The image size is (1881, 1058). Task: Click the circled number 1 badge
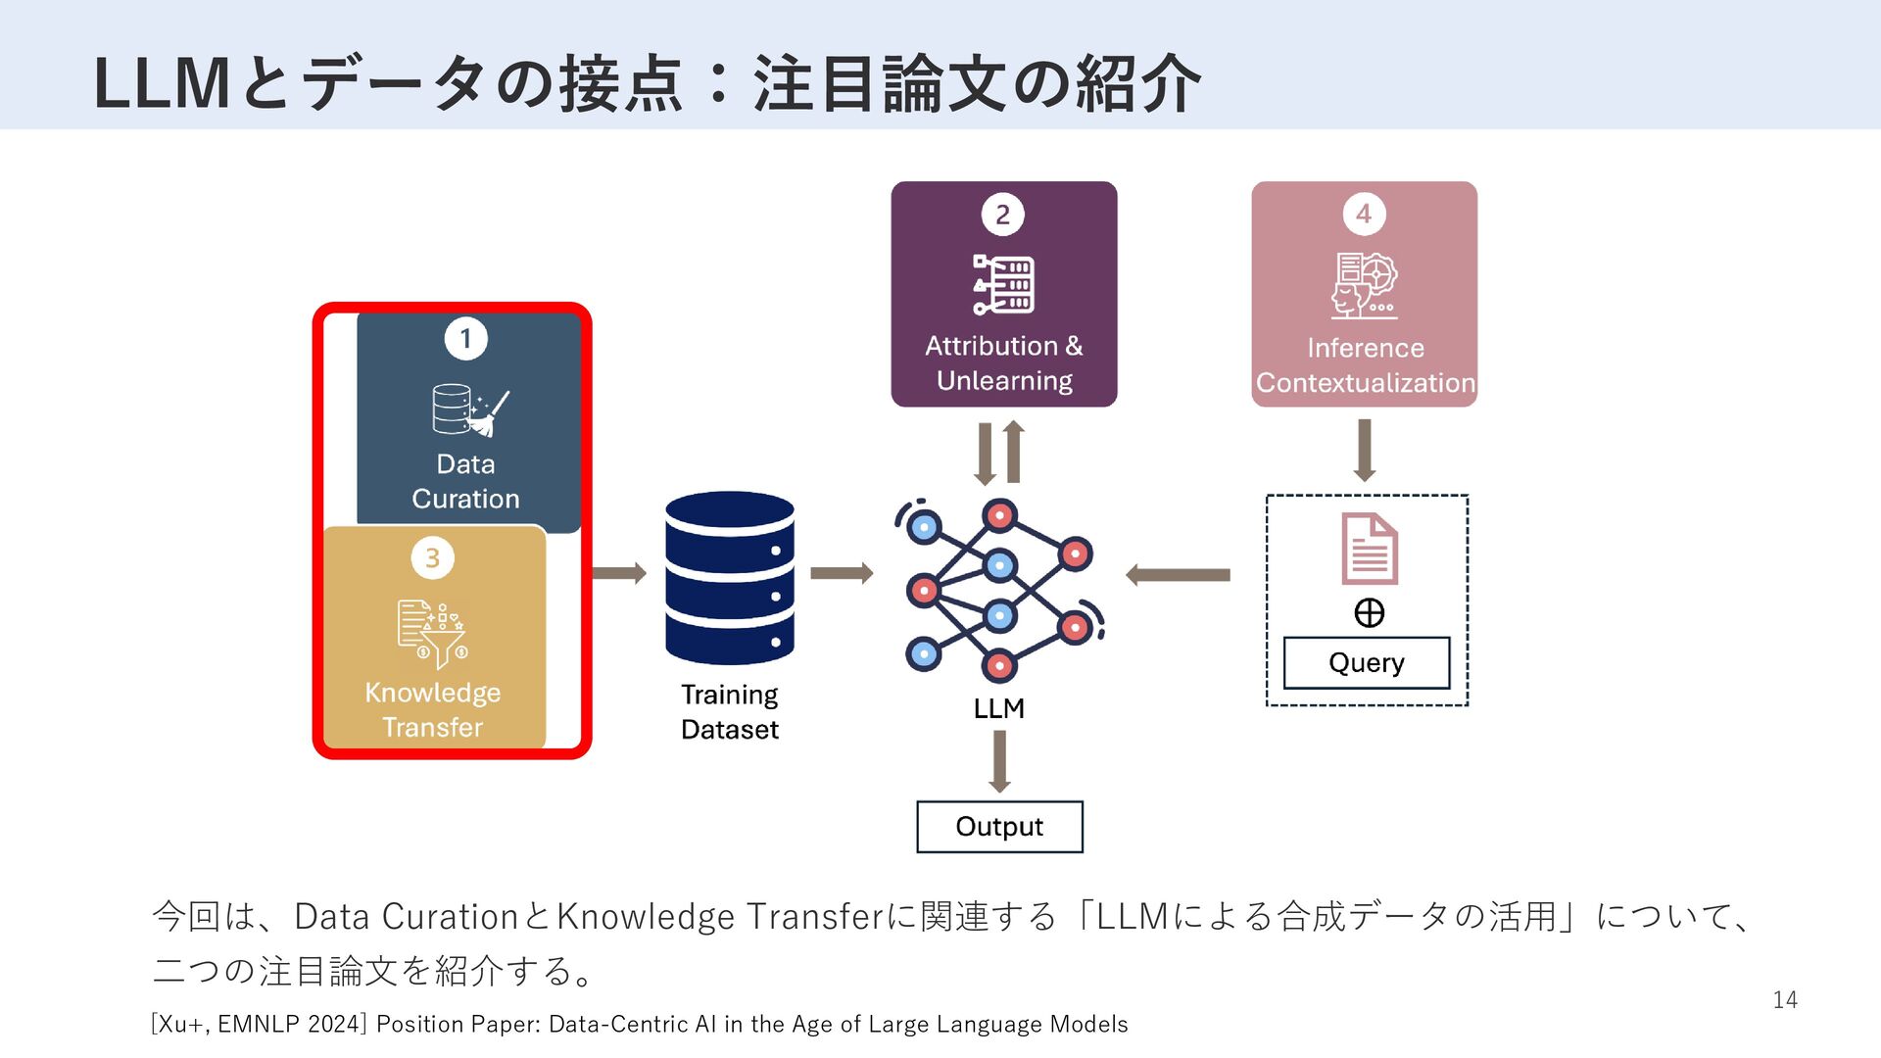tap(465, 339)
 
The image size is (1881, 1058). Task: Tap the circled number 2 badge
tap(1002, 215)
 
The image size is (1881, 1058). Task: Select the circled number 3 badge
tap(432, 558)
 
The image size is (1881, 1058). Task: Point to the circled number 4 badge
tap(1364, 215)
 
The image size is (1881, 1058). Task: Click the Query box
tap(1366, 663)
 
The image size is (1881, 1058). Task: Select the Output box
tap(999, 827)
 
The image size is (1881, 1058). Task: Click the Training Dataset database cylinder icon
tap(730, 577)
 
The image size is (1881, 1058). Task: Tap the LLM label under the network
tap(998, 708)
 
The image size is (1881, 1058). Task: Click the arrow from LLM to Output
tap(999, 761)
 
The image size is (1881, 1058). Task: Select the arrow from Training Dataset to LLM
tap(841, 573)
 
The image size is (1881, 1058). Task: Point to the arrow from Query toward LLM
tap(1178, 575)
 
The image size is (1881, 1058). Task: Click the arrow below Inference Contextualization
tap(1364, 450)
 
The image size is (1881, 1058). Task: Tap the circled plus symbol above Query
tap(1369, 613)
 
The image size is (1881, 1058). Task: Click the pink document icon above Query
tap(1369, 549)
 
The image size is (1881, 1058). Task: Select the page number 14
tap(1784, 1000)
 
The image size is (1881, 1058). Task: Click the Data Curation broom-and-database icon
tap(469, 410)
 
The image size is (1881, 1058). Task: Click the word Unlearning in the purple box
tap(1004, 381)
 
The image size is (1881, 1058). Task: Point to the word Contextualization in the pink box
tap(1365, 383)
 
